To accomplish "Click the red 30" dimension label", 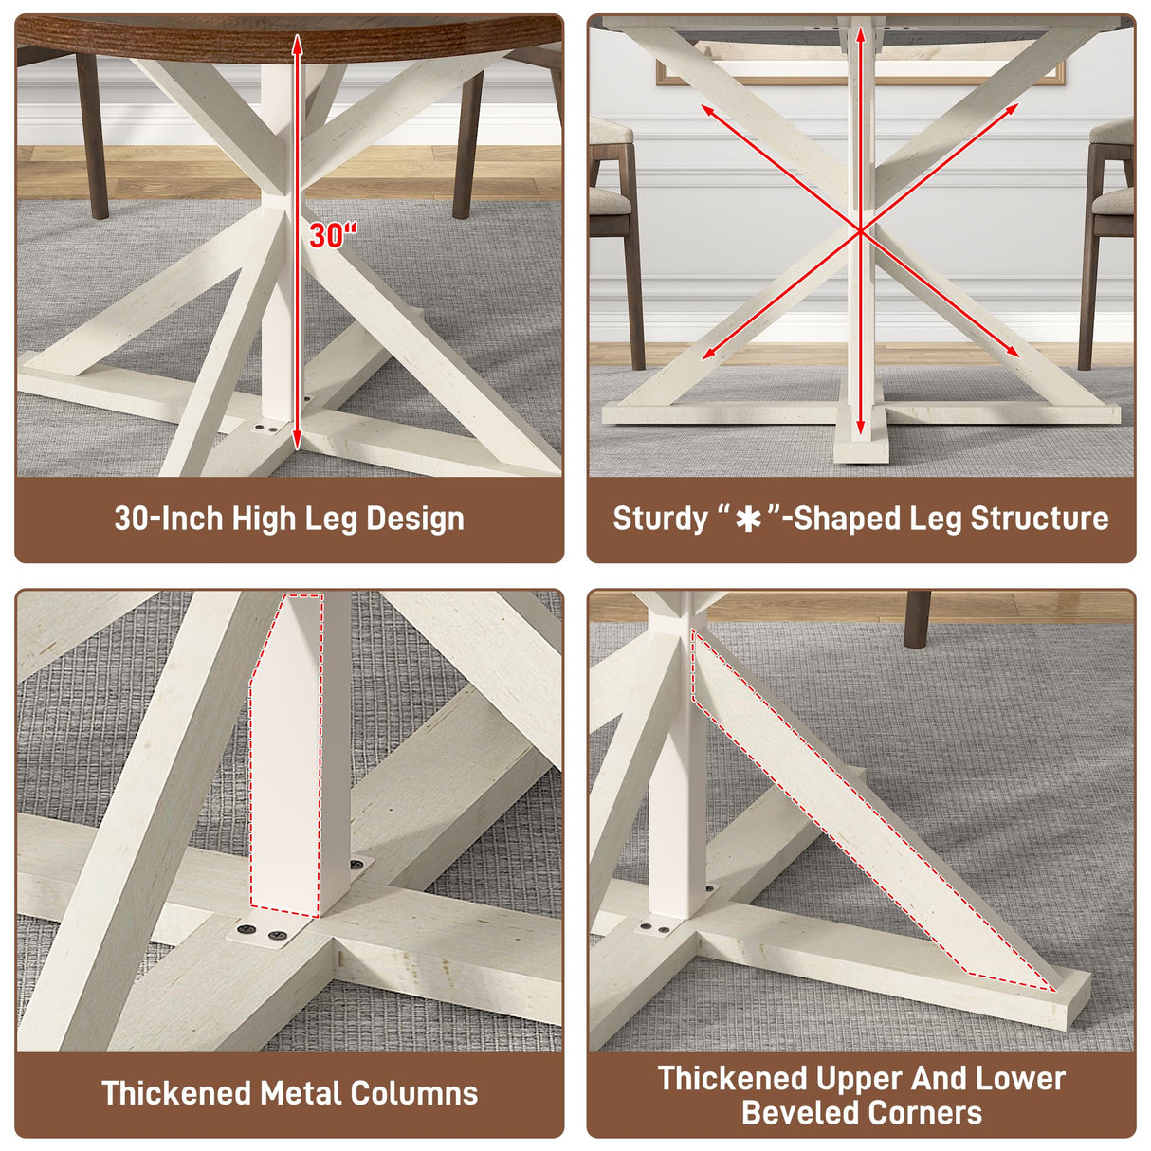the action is coord(334,235).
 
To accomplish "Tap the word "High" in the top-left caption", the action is coord(264,519).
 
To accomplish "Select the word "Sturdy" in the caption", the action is coord(660,519).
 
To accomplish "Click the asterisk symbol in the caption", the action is coord(748,520).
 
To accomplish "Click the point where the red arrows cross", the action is coord(860,230).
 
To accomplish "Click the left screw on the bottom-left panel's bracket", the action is coord(245,930).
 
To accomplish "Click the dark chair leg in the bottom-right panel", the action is coord(917,619).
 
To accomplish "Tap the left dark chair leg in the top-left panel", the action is coord(92,137).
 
